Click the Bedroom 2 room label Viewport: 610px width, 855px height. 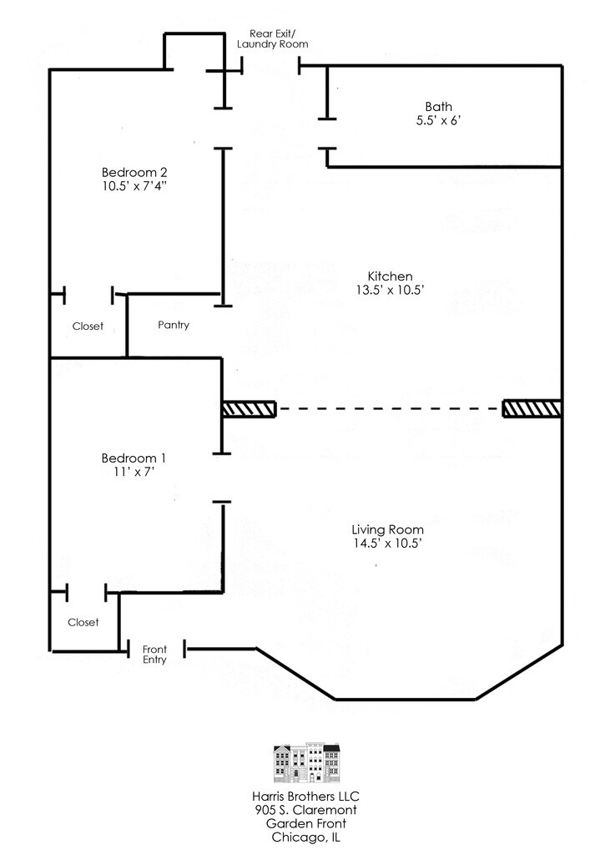click(x=134, y=172)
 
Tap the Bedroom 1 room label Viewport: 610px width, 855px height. click(x=134, y=458)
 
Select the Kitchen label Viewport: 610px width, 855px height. click(x=390, y=276)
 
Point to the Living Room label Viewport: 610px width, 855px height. click(x=387, y=529)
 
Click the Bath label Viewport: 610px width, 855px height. click(x=439, y=107)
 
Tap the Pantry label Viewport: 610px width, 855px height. click(x=174, y=325)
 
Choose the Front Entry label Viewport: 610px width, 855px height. click(x=155, y=655)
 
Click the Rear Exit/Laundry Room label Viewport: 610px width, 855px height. click(x=273, y=38)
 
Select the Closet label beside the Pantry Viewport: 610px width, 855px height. click(x=88, y=326)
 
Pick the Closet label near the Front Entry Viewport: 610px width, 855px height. click(x=83, y=622)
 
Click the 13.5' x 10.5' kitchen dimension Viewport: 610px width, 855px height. click(x=390, y=290)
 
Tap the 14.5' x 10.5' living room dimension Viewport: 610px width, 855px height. click(x=387, y=543)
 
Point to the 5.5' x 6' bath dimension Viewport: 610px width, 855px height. click(x=439, y=120)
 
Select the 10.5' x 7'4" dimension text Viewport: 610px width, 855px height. click(x=134, y=186)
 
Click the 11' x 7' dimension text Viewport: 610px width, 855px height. click(x=134, y=472)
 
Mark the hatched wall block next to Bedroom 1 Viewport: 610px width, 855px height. click(x=250, y=409)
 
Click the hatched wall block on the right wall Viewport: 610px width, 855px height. click(x=532, y=408)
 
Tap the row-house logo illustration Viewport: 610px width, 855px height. click(x=306, y=762)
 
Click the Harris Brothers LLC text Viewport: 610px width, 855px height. click(x=305, y=797)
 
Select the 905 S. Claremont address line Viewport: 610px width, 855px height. click(x=305, y=810)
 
